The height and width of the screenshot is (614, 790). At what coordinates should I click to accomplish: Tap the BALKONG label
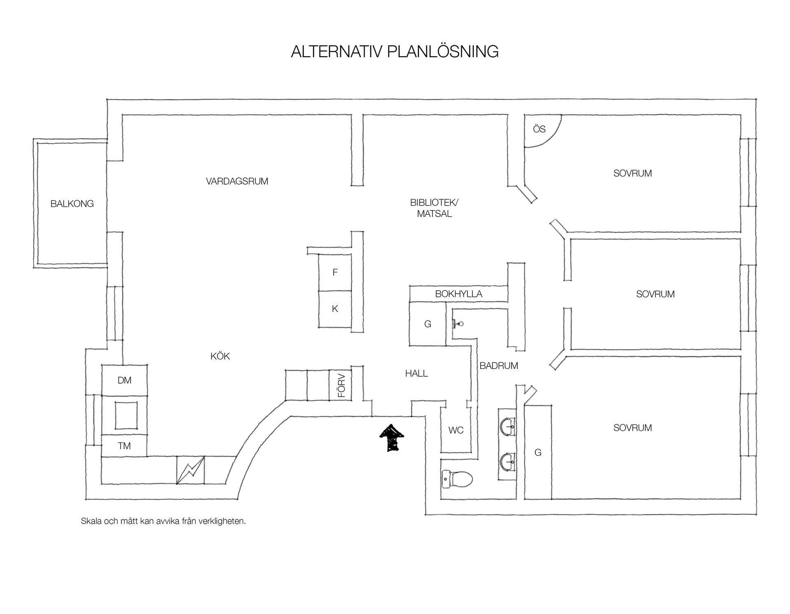[72, 204]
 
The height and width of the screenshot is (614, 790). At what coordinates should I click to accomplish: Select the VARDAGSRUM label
[237, 181]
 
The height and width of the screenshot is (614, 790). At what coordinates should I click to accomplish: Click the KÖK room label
[220, 356]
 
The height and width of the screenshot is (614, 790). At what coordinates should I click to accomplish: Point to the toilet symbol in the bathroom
[457, 479]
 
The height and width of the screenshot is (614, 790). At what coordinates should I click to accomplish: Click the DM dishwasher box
[124, 380]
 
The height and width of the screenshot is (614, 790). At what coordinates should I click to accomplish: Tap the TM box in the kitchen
[124, 445]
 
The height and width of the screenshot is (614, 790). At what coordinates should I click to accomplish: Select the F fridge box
[335, 272]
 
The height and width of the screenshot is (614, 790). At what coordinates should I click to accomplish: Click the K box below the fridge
[335, 309]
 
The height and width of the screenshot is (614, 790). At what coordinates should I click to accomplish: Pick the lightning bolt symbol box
[190, 470]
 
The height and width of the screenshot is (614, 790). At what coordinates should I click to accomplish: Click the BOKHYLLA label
[458, 294]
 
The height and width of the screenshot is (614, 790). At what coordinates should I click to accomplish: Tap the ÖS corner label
[539, 129]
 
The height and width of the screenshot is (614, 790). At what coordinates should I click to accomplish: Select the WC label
[456, 430]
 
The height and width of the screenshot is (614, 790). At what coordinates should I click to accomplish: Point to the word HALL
[416, 373]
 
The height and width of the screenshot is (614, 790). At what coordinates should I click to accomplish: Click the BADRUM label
[499, 366]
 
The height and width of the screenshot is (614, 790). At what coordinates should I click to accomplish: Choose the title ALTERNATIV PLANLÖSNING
[395, 52]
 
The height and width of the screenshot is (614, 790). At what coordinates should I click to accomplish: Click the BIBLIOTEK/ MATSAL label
[434, 208]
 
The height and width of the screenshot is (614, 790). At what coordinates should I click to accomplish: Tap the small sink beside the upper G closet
[458, 324]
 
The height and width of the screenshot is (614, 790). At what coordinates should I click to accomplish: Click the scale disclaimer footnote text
[163, 521]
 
